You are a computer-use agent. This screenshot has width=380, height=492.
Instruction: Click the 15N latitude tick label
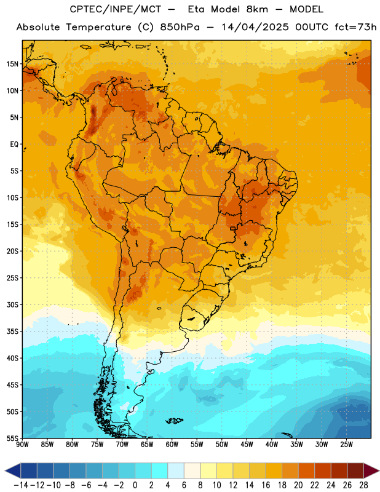[12, 64]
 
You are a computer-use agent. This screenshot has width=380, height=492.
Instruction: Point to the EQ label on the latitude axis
[14, 145]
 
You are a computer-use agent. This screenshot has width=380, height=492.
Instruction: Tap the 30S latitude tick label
[12, 304]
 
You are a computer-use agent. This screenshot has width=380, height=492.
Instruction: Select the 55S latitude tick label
[12, 438]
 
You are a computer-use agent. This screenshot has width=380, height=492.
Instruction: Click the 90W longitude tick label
[22, 445]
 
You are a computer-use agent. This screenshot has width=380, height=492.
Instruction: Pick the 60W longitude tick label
[172, 445]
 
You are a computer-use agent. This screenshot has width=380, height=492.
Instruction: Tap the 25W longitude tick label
[346, 445]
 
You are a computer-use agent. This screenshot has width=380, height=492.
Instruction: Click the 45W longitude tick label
[247, 445]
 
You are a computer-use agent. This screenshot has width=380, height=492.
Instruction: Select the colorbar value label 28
[363, 485]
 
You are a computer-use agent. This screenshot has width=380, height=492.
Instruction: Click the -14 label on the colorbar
[21, 485]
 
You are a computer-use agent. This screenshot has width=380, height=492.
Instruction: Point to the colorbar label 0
[135, 485]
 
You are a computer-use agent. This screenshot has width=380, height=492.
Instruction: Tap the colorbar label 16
[266, 485]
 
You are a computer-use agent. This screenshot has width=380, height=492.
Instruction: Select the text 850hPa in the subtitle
[180, 27]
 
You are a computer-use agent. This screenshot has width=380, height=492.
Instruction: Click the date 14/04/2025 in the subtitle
[255, 27]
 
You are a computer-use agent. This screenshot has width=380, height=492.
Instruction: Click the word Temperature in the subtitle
[98, 28]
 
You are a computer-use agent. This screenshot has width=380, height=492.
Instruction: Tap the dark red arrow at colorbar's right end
[371, 470]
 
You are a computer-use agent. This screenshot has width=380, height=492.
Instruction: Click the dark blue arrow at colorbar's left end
[13, 470]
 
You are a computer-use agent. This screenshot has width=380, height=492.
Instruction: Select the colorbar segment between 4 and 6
[176, 470]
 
